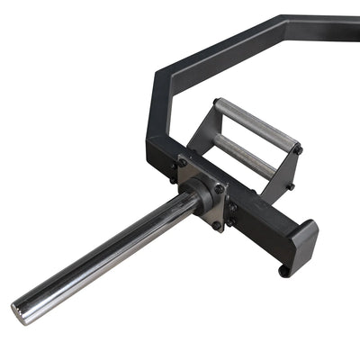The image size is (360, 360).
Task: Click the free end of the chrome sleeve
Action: tap(20, 310)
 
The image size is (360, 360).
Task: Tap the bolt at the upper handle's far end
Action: tap(297, 149)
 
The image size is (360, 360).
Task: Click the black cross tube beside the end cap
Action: tap(261, 225)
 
